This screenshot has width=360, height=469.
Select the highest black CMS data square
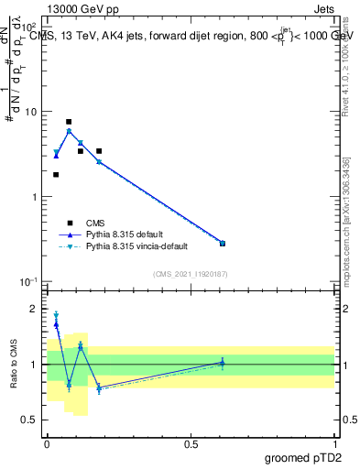point(69,122)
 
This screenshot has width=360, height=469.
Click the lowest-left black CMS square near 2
point(56,174)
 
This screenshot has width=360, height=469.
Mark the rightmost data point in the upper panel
point(223,243)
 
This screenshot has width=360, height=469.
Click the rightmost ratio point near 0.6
point(223,363)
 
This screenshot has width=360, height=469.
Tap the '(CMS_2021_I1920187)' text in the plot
point(191,274)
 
